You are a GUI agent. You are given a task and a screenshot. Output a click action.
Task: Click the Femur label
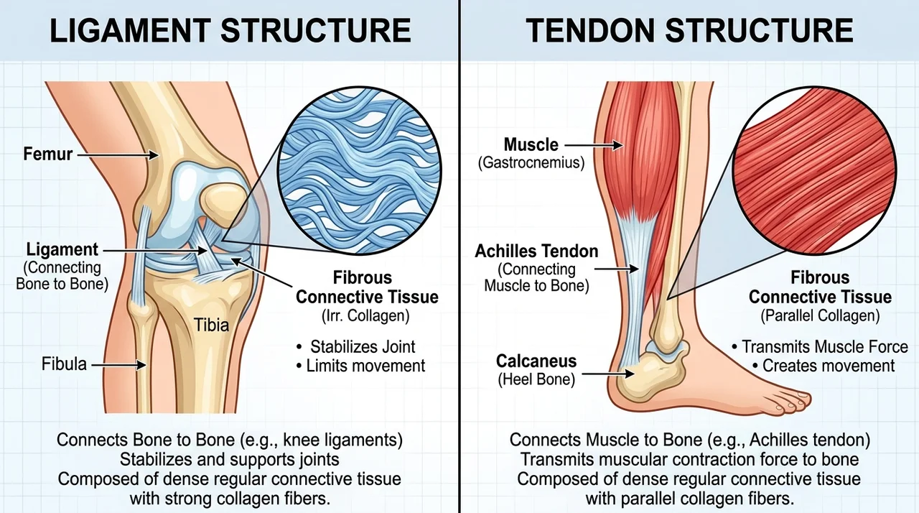(x=47, y=154)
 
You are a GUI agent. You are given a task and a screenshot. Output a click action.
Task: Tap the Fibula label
(x=64, y=364)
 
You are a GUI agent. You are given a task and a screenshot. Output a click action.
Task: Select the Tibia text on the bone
(x=211, y=325)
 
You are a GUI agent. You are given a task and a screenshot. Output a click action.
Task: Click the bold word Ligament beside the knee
(x=62, y=249)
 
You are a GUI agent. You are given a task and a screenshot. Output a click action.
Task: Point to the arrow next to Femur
(x=118, y=154)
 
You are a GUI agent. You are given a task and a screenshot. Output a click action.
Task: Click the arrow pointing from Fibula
(x=119, y=364)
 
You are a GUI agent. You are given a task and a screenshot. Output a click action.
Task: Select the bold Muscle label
(x=531, y=144)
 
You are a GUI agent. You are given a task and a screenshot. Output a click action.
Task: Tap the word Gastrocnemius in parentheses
(x=531, y=163)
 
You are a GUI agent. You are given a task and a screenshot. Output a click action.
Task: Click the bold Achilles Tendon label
(x=536, y=251)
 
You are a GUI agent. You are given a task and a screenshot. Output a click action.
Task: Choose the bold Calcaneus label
(x=536, y=361)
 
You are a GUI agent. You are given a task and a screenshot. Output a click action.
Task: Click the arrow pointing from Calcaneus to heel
(x=608, y=374)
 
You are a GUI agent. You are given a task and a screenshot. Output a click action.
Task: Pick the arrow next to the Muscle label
(x=594, y=145)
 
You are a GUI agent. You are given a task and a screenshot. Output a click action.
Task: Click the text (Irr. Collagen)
(x=365, y=315)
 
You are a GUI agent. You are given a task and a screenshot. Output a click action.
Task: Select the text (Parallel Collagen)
(x=820, y=315)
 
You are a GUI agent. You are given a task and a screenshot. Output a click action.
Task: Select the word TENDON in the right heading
(x=590, y=30)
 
